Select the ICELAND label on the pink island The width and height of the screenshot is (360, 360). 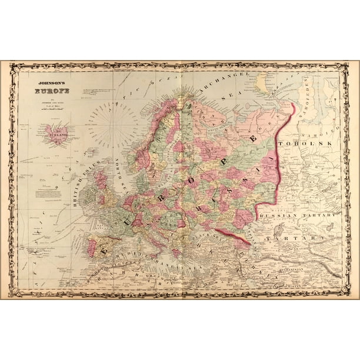point(58,135)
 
